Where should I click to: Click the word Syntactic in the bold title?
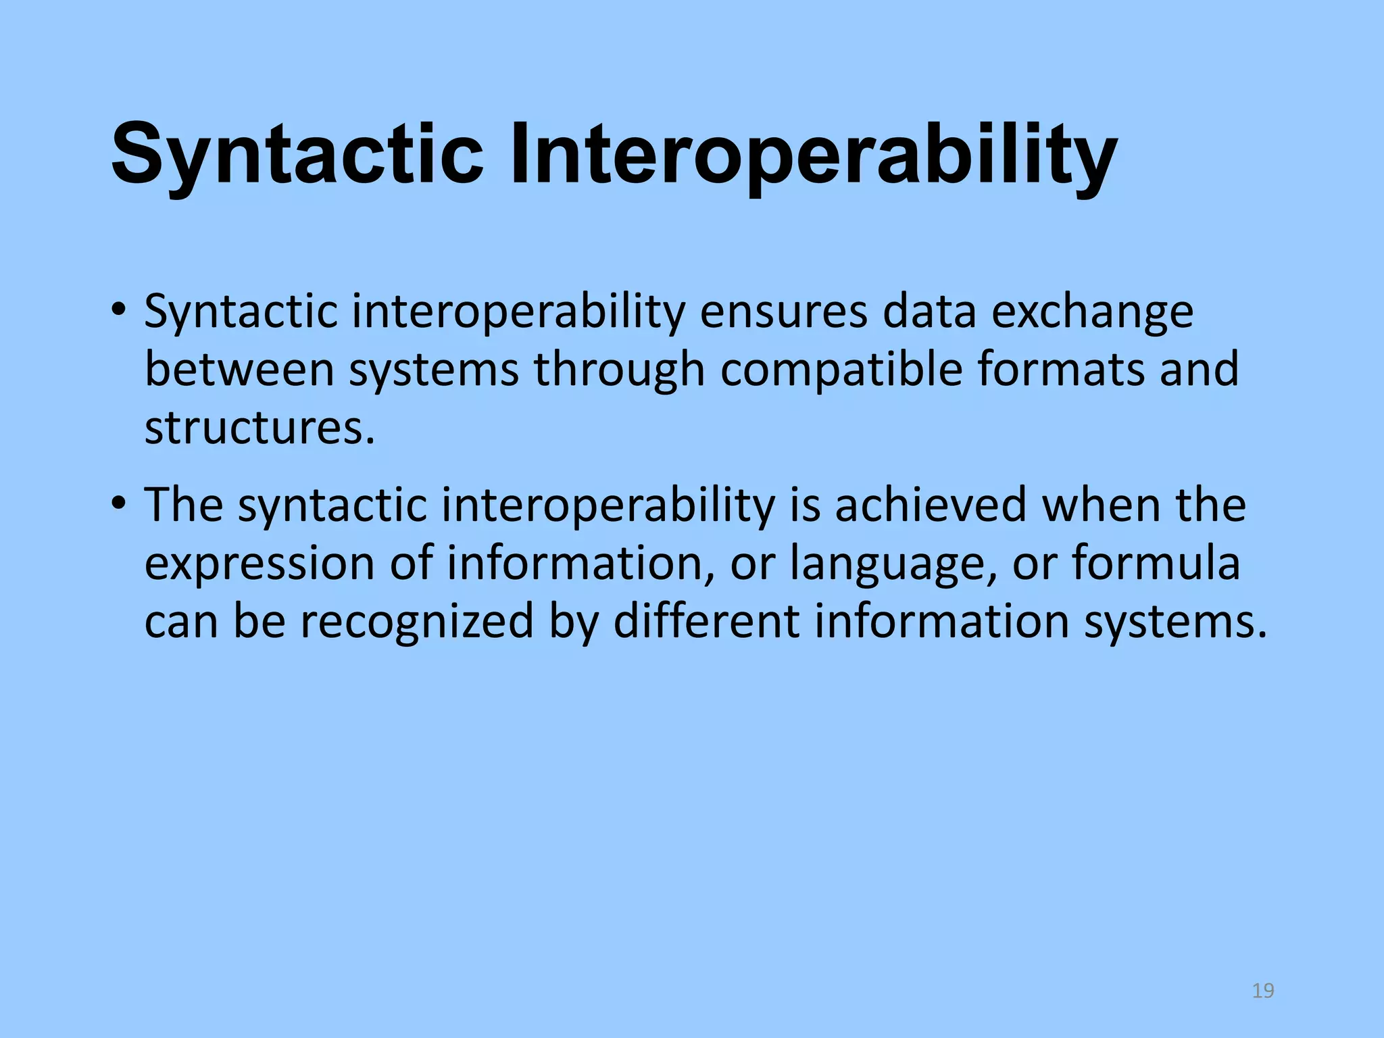click(x=297, y=154)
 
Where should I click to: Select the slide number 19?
click(x=1262, y=991)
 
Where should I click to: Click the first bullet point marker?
click(x=119, y=312)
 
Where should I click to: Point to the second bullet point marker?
click(x=119, y=504)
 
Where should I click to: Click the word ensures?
click(x=783, y=312)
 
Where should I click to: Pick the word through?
click(x=619, y=370)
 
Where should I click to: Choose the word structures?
click(x=259, y=428)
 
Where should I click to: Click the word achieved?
click(x=931, y=505)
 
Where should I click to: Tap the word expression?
click(x=259, y=563)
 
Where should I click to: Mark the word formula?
click(x=1156, y=563)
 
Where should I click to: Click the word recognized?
click(x=417, y=620)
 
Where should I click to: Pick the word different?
click(x=706, y=620)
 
